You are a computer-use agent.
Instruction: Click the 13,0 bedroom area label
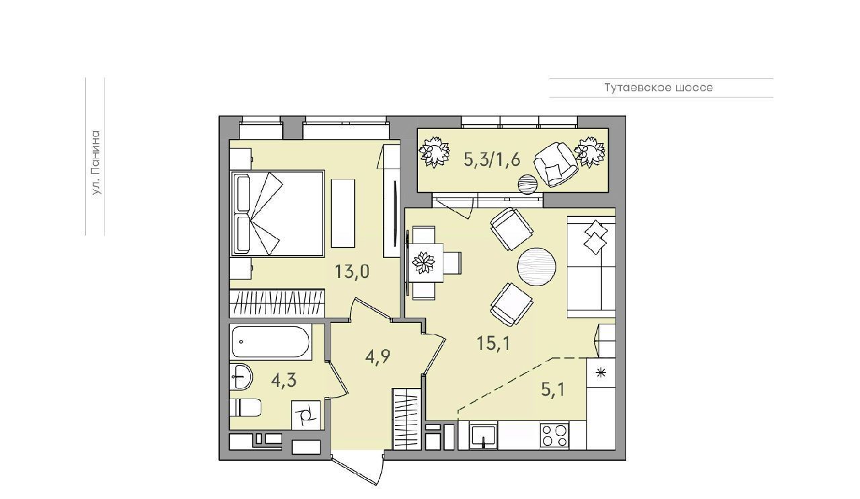click(351, 272)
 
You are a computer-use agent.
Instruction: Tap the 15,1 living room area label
click(493, 343)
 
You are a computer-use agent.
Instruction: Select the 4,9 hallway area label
click(378, 357)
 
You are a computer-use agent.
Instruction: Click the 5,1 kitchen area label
click(553, 390)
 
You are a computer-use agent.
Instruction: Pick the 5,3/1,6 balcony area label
click(492, 159)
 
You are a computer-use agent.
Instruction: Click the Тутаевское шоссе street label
click(658, 88)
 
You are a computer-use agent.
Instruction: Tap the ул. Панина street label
click(96, 164)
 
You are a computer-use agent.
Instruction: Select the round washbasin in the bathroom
click(241, 377)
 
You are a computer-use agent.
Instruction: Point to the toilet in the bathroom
click(245, 407)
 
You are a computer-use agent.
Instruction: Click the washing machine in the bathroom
click(306, 415)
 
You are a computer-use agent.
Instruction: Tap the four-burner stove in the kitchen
click(554, 436)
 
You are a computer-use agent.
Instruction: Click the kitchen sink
click(483, 436)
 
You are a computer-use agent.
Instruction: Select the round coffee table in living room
click(537, 267)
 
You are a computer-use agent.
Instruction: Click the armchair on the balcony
click(556, 165)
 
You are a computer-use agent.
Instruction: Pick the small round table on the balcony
click(527, 184)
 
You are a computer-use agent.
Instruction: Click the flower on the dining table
click(423, 263)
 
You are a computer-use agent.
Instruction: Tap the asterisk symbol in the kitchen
click(601, 372)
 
